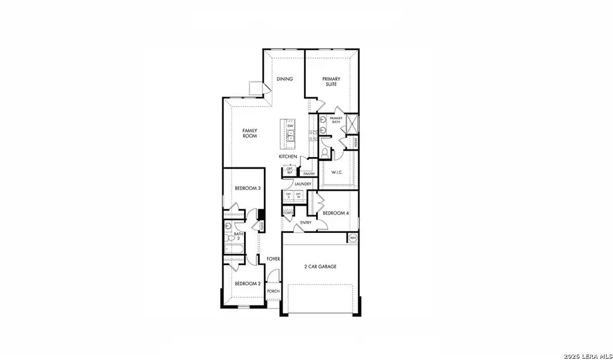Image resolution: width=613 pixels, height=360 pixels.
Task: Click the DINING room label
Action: (284, 79)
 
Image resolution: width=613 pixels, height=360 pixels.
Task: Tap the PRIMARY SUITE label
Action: (331, 82)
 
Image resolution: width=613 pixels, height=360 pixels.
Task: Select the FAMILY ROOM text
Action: (250, 133)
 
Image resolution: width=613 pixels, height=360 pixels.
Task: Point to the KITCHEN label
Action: (288, 157)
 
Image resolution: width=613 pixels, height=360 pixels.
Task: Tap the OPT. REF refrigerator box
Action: (290, 171)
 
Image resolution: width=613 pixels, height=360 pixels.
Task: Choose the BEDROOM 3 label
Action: (247, 188)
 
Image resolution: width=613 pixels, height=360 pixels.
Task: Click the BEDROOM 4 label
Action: (336, 213)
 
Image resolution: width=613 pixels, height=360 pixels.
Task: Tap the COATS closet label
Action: (289, 212)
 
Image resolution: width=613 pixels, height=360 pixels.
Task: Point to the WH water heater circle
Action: (353, 238)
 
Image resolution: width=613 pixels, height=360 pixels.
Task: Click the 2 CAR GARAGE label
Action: (320, 266)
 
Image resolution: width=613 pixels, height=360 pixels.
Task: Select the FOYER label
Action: (274, 259)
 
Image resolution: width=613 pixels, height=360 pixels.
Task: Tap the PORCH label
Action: (274, 291)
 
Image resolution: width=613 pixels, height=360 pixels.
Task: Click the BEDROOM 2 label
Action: (247, 284)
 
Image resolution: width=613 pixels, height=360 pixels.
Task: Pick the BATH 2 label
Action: (238, 236)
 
